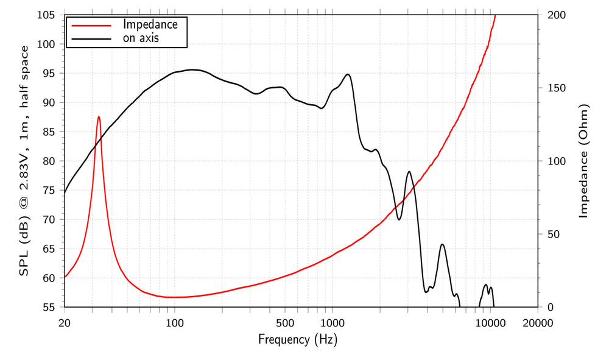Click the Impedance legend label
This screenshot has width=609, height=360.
(x=150, y=25)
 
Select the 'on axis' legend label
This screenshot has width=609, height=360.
(x=145, y=39)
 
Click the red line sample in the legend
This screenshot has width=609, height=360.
(x=92, y=26)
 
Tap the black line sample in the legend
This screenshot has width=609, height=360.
(x=92, y=39)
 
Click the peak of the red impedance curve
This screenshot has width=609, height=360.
(x=99, y=116)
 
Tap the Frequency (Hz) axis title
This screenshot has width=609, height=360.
(x=297, y=339)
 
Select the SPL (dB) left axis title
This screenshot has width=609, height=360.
(x=24, y=161)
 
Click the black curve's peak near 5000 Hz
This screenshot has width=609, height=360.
(x=442, y=244)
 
